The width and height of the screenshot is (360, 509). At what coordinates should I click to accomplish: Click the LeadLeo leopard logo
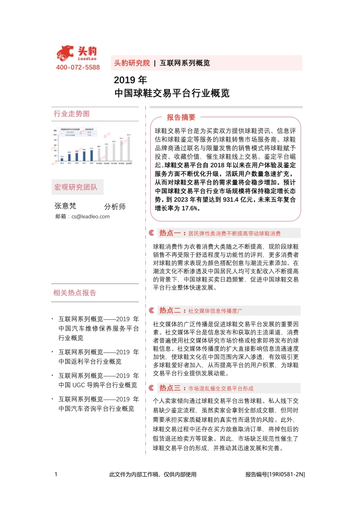point(65,53)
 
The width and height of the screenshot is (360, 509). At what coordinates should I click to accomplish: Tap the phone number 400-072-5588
point(78,67)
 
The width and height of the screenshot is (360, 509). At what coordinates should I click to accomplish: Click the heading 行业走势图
point(72,114)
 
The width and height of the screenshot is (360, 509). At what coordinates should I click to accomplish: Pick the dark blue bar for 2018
point(92,155)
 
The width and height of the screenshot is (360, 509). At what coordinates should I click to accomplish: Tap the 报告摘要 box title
point(181,118)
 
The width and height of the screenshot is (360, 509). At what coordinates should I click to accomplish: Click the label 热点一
point(170,233)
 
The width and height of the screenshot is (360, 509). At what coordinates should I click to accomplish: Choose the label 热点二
point(170,310)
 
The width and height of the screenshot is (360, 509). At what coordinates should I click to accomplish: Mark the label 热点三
point(170,388)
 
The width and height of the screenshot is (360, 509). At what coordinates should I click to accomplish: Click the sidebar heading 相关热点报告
point(75,293)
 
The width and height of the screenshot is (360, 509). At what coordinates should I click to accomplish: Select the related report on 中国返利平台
point(99,357)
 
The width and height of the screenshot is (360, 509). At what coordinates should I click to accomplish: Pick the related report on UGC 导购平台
point(99,380)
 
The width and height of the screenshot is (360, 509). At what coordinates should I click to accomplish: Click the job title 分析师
point(115,206)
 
